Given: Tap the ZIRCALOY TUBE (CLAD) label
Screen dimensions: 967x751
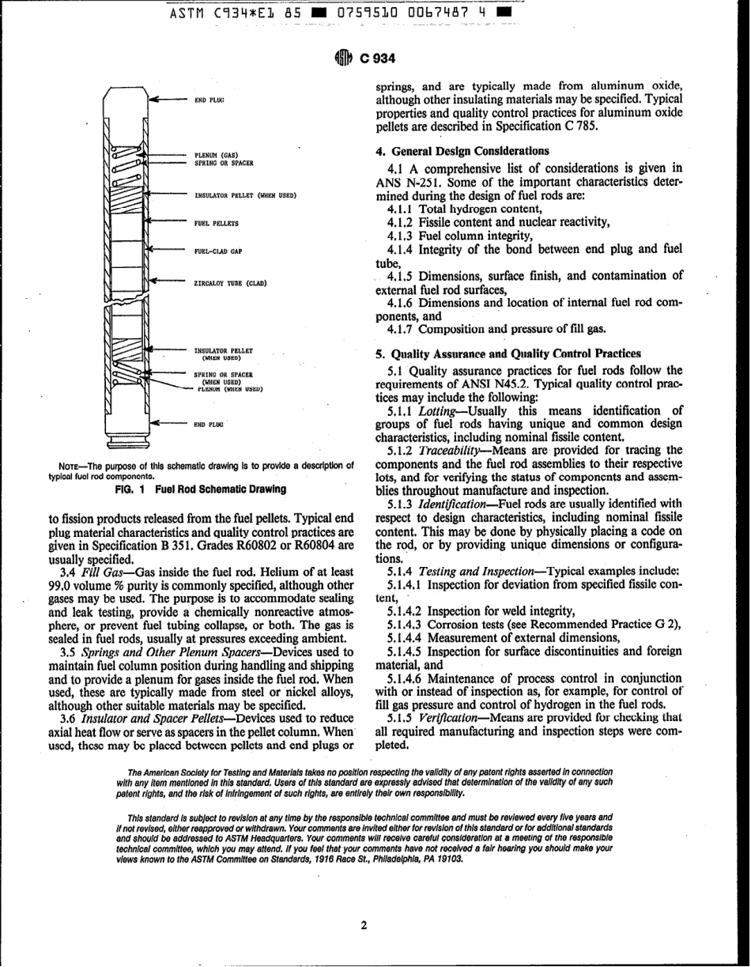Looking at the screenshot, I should (x=228, y=281).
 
